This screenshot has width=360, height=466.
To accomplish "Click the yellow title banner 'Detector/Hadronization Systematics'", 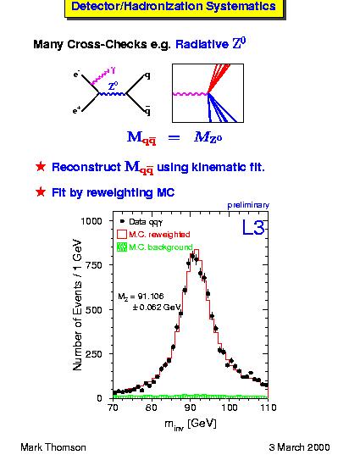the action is click(174, 7).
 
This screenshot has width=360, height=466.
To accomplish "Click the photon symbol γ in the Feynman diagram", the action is click(113, 70).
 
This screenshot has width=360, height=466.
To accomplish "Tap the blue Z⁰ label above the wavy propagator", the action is click(114, 86).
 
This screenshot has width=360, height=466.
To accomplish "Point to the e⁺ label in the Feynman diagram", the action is click(77, 111).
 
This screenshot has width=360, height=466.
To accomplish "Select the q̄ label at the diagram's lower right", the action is click(147, 110).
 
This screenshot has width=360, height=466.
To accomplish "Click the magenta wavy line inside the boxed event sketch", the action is click(190, 94).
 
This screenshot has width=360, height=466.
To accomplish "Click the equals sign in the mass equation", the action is click(174, 137).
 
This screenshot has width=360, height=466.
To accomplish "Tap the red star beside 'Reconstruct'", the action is click(41, 166).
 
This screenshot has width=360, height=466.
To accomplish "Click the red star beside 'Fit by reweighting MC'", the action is click(41, 192).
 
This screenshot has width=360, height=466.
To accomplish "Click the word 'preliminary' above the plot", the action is click(248, 205).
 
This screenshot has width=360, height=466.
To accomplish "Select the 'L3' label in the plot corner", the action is click(253, 228).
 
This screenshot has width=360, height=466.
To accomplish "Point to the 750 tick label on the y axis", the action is click(93, 265).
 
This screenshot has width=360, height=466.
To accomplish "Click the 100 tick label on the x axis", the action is click(230, 408).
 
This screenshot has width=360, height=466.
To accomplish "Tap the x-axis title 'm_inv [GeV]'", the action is click(191, 424).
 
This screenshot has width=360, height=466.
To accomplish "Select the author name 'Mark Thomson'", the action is click(53, 447).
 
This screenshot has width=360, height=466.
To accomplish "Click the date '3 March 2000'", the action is click(299, 447).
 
